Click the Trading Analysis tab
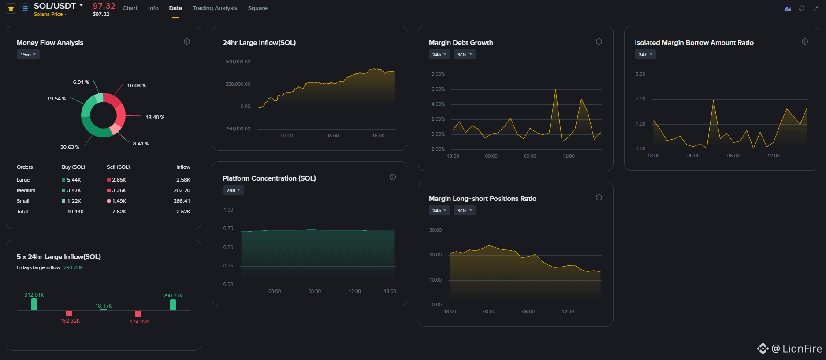click(x=215, y=8)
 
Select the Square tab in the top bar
click(x=257, y=8)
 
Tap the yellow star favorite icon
click(x=11, y=8)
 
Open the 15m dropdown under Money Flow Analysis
click(x=28, y=55)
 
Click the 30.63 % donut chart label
click(x=70, y=147)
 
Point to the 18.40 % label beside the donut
click(x=155, y=117)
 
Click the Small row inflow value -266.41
click(x=181, y=201)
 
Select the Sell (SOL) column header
click(x=118, y=167)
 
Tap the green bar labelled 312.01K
click(x=34, y=304)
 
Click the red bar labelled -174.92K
click(x=138, y=314)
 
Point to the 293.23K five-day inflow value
click(x=73, y=267)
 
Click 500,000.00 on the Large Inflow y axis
click(x=238, y=62)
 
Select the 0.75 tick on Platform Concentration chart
click(x=228, y=228)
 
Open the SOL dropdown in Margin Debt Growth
click(x=465, y=55)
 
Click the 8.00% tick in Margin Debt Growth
click(x=438, y=74)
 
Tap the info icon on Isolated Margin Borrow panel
click(x=805, y=41)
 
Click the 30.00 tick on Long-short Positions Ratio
click(x=435, y=230)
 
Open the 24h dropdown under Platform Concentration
click(x=233, y=190)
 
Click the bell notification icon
click(x=802, y=8)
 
